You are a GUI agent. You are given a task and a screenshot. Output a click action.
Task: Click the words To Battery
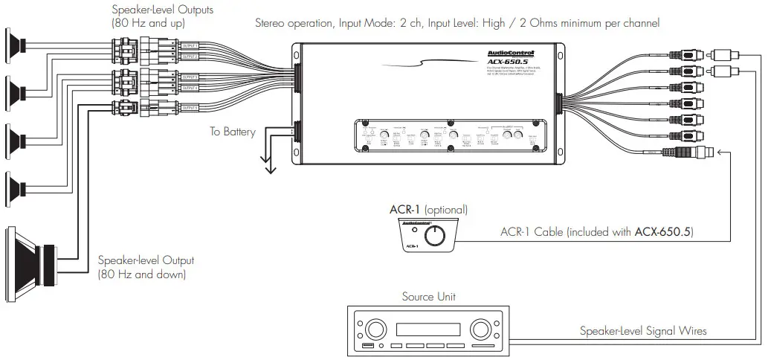click(x=232, y=132)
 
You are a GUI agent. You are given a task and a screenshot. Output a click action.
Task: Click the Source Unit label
click(x=428, y=297)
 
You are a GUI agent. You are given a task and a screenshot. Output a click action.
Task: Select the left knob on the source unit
click(x=375, y=329)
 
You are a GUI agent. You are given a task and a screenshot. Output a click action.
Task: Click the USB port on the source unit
click(x=370, y=347)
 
